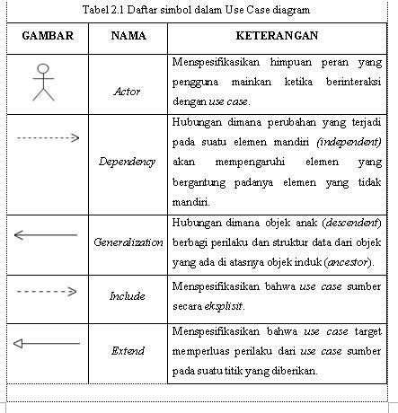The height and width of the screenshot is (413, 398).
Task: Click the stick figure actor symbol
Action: coord(43,82)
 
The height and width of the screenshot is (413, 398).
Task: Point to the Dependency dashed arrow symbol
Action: coord(48,137)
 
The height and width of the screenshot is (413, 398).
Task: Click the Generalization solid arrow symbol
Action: coord(47,235)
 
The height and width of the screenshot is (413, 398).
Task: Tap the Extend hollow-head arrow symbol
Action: coord(47,343)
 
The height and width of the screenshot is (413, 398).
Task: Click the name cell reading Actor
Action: coord(128,92)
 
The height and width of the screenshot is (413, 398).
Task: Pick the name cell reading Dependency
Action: coord(128,162)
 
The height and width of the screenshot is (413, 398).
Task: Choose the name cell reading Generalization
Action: coord(128,242)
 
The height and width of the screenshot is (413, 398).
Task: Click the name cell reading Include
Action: coord(128,295)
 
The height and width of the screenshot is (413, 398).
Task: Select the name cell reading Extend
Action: coord(128,350)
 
